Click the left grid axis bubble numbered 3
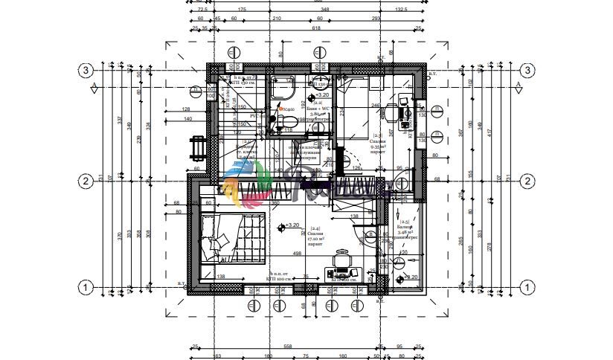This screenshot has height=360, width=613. [86, 71]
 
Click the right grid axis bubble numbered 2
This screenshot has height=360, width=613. [527, 181]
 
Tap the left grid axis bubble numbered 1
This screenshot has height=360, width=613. [86, 286]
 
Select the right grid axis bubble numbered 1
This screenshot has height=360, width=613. [527, 286]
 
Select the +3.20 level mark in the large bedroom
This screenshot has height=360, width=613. [291, 225]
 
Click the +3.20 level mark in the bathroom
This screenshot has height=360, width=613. [321, 96]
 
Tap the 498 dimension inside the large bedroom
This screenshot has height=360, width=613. [298, 254]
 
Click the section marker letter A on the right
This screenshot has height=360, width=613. [518, 85]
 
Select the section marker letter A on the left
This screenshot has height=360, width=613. [94, 85]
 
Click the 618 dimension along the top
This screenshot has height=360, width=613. [315, 28]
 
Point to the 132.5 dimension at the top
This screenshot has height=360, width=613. [401, 9]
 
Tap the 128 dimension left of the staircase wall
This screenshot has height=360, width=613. [185, 110]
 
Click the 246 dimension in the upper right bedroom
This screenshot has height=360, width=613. [376, 106]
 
